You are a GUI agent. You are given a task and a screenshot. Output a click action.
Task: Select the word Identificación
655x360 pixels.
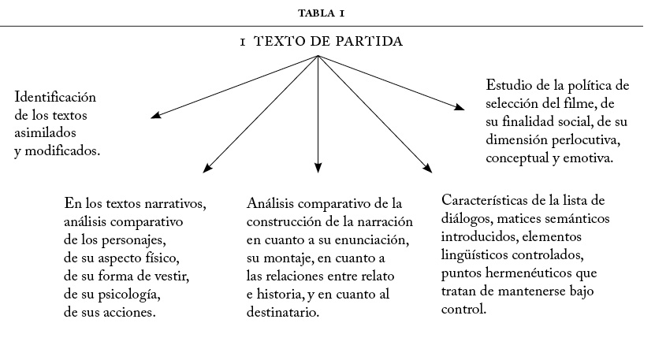(54, 98)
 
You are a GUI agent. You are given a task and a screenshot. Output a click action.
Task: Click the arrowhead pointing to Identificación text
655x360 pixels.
(154, 115)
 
